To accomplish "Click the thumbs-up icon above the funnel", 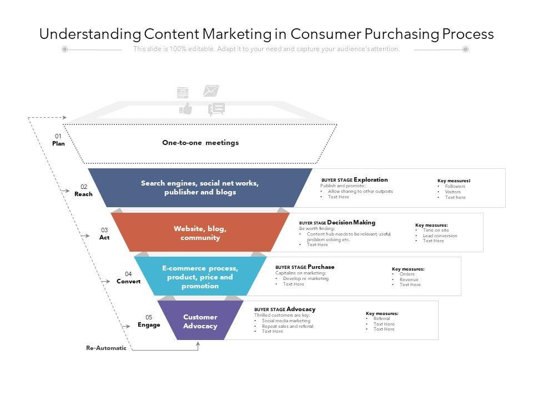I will tap(185, 108).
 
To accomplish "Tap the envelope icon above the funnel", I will tap(211, 90).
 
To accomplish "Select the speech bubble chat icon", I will tap(217, 109).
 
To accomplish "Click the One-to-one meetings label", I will tap(200, 143).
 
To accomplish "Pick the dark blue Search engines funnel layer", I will tap(200, 188).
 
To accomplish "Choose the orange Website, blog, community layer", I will tap(200, 233).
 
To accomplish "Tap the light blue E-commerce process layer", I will tap(200, 277).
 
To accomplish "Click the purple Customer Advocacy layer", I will tap(200, 321).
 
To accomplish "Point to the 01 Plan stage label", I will tap(58, 140).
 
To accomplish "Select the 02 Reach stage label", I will tap(83, 191).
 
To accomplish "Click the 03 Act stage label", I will tap(104, 234).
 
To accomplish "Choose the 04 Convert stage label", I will tap(128, 278).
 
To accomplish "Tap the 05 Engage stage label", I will tap(149, 321).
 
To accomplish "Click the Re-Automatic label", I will tap(106, 348).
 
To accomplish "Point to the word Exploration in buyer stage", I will tap(371, 180).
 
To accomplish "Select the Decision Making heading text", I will tap(351, 223).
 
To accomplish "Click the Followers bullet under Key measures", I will tap(455, 187).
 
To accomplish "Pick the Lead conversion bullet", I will tap(440, 236).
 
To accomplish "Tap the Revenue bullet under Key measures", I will tap(409, 279).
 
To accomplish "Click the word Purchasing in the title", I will tap(399, 34).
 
